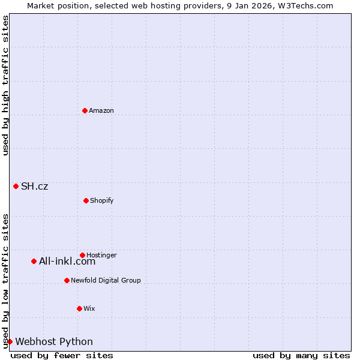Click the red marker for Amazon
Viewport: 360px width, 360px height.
tap(85, 110)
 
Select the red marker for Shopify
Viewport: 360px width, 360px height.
tap(86, 200)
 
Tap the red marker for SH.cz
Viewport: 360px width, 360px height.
tap(16, 186)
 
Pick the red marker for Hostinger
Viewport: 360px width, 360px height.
tap(82, 255)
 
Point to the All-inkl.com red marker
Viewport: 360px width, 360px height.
tap(34, 261)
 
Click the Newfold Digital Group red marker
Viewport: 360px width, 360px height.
tap(67, 280)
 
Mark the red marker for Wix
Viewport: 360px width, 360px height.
tap(79, 308)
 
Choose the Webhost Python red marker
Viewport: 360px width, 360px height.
tap(10, 341)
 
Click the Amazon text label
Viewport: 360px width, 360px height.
tap(101, 110)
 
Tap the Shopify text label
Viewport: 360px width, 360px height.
tap(102, 200)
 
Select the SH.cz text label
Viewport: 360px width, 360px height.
tap(35, 186)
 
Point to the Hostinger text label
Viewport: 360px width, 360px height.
tap(101, 255)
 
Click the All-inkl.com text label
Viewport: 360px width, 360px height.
tap(67, 261)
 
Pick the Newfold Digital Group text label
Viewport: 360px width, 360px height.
tap(106, 280)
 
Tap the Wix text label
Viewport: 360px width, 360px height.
tap(89, 308)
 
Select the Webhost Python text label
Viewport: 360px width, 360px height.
tap(54, 341)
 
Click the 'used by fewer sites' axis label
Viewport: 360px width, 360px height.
tap(62, 355)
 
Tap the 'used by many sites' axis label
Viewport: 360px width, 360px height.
tap(301, 355)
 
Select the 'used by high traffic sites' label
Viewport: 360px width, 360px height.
tap(5, 85)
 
